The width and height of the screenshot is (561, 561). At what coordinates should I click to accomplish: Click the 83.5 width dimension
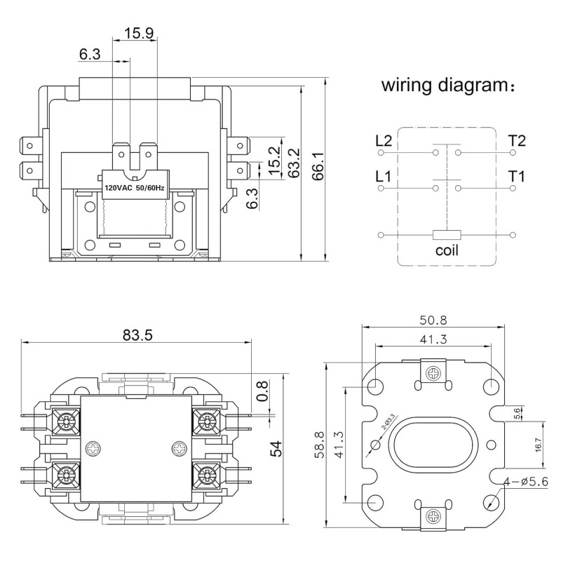click(x=137, y=335)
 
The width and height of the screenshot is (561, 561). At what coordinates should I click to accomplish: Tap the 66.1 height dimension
click(x=318, y=165)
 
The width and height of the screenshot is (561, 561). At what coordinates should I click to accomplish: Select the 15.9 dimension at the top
click(x=139, y=33)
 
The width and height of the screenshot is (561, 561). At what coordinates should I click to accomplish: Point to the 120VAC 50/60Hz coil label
click(x=134, y=187)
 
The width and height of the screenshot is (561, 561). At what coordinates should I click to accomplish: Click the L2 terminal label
click(x=384, y=141)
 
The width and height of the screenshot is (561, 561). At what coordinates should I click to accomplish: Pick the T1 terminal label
click(x=517, y=177)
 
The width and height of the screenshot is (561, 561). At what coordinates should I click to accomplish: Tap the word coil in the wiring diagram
click(x=447, y=250)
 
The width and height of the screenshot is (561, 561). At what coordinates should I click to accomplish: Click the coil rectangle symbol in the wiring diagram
click(x=447, y=235)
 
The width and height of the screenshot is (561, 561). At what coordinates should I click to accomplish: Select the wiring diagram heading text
click(x=448, y=86)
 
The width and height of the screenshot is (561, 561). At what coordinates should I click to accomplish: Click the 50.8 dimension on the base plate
click(x=433, y=320)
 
